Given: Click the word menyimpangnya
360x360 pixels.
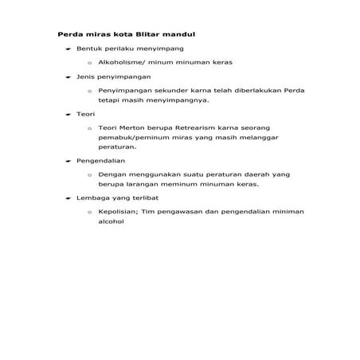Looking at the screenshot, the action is [x=171, y=102].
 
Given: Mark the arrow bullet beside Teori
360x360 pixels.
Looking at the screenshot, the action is [x=68, y=114].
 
